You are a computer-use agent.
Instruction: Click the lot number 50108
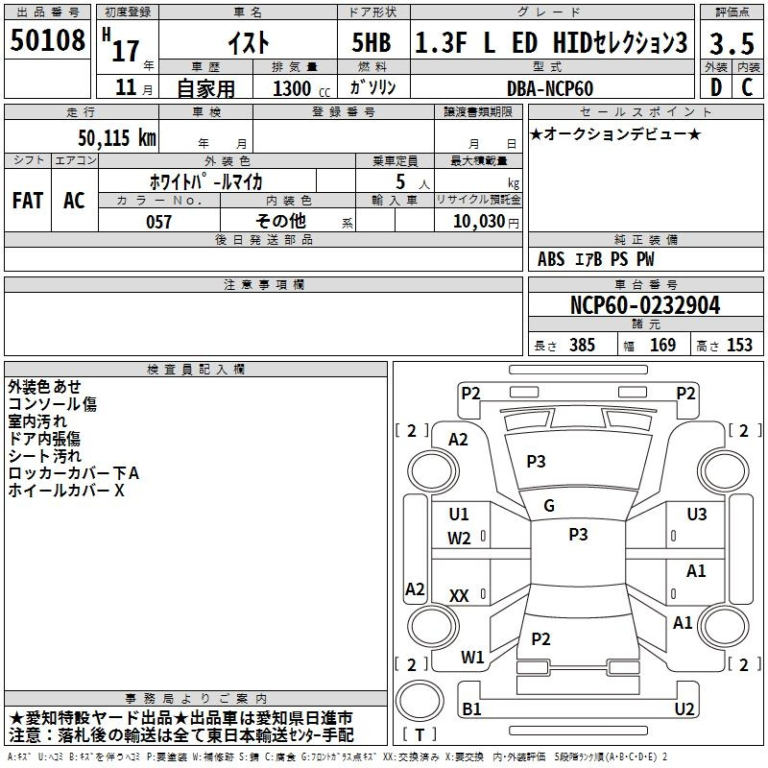[47, 39]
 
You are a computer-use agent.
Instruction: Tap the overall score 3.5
[732, 43]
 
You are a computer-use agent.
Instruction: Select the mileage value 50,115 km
[117, 137]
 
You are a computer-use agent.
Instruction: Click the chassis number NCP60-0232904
[645, 305]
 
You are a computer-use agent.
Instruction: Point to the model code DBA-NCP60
[550, 88]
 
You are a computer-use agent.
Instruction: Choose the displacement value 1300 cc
[301, 88]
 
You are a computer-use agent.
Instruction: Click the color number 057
[158, 222]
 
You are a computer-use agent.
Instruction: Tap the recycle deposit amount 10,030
[479, 221]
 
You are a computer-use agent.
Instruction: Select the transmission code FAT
[28, 201]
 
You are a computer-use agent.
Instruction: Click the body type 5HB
[372, 42]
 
